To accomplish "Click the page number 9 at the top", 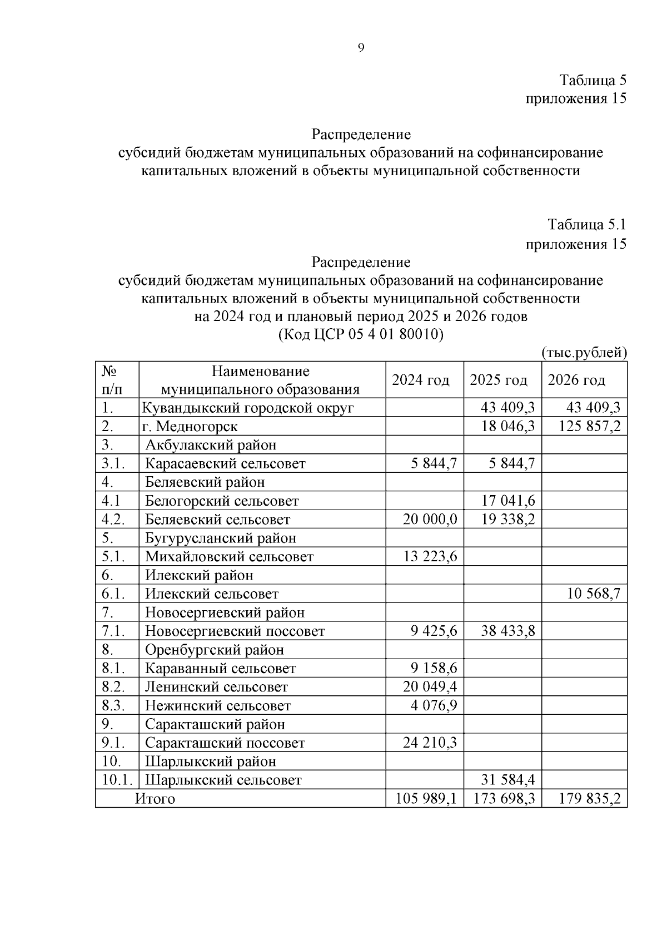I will (361, 48).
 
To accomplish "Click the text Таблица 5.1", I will (587, 225).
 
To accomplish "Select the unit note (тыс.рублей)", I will (584, 353).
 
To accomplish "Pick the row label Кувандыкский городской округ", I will (248, 408).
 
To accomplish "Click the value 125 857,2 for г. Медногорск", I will (587, 427).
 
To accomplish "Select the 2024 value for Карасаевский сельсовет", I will (434, 463).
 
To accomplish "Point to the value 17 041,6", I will (508, 501).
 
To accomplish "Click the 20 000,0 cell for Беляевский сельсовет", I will (430, 520).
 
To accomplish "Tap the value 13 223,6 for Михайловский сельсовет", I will (430, 556).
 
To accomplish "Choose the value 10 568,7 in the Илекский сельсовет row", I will (593, 594).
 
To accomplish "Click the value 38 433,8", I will (508, 631).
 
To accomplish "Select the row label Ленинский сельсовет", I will (217, 687).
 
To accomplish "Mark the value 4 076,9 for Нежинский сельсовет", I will (434, 705).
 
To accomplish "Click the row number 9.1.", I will (113, 743).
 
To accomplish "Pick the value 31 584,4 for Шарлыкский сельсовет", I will (508, 780).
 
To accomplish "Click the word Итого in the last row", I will (155, 799).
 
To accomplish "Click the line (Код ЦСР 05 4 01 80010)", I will (361, 335).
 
